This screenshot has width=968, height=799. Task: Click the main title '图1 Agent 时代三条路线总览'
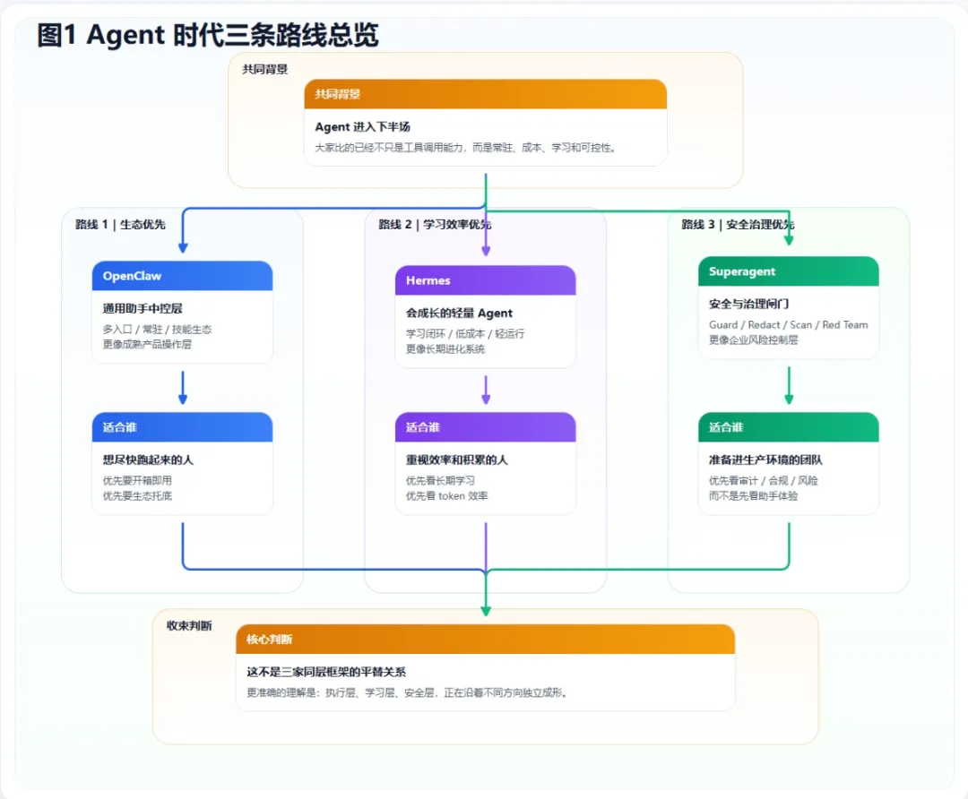coord(208,35)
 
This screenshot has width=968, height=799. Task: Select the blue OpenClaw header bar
coord(182,276)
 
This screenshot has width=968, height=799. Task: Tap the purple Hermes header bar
coord(485,280)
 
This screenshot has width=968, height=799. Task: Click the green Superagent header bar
coord(788,271)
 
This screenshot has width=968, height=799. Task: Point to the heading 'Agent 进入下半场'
coord(362,127)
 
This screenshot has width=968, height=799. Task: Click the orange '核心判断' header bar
coord(485,640)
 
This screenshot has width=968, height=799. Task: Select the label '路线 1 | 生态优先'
coord(120,225)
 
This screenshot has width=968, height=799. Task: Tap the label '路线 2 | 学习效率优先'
coord(435,225)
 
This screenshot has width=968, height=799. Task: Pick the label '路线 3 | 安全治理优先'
coord(738,225)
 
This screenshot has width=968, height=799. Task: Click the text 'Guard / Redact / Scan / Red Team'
coord(788,325)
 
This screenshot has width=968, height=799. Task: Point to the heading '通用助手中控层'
coord(143,309)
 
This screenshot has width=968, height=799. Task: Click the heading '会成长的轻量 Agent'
coord(459,314)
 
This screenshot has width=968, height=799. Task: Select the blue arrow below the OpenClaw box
coord(182,389)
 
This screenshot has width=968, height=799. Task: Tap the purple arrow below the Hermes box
coord(485,391)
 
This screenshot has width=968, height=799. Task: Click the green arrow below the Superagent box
coord(789,386)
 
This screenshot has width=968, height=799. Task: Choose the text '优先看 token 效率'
coord(446,495)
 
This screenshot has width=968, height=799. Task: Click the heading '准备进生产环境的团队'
coord(765,460)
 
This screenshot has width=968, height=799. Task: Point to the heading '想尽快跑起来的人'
coord(148,460)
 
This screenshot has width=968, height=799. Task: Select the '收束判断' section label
coord(189,626)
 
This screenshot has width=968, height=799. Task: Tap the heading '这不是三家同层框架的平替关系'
coord(326,672)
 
